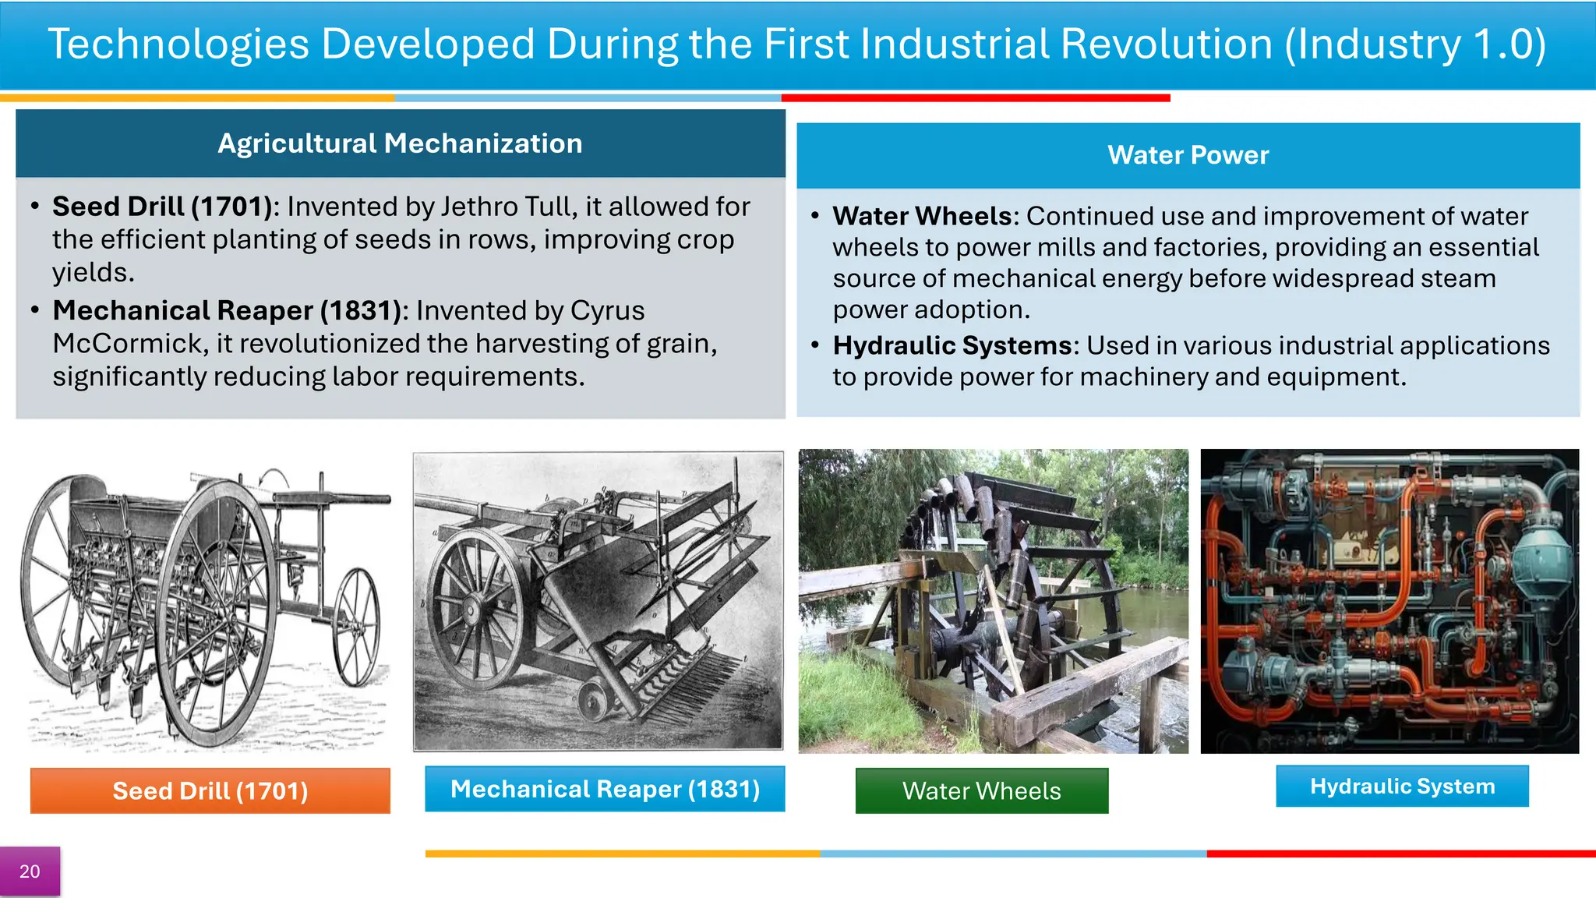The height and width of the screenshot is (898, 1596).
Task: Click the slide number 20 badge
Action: pyautogui.click(x=30, y=871)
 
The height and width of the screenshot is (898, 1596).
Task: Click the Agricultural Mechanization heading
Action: pyautogui.click(x=400, y=143)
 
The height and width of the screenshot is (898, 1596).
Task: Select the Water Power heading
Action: pyautogui.click(x=1188, y=155)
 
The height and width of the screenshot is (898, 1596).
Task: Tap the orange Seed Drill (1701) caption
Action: pyautogui.click(x=210, y=790)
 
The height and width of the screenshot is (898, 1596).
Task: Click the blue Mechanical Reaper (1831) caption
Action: pyautogui.click(x=605, y=789)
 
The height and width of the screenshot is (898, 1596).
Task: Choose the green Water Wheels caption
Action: pyautogui.click(x=981, y=790)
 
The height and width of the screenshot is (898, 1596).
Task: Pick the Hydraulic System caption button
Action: pyautogui.click(x=1402, y=786)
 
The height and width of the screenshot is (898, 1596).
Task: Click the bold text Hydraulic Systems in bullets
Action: pyautogui.click(x=952, y=345)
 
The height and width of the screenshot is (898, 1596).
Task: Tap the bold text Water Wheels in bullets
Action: pyautogui.click(x=922, y=216)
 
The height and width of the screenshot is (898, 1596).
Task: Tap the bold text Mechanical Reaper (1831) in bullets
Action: pyautogui.click(x=227, y=311)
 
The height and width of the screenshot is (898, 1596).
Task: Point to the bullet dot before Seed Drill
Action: pyautogui.click(x=35, y=207)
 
